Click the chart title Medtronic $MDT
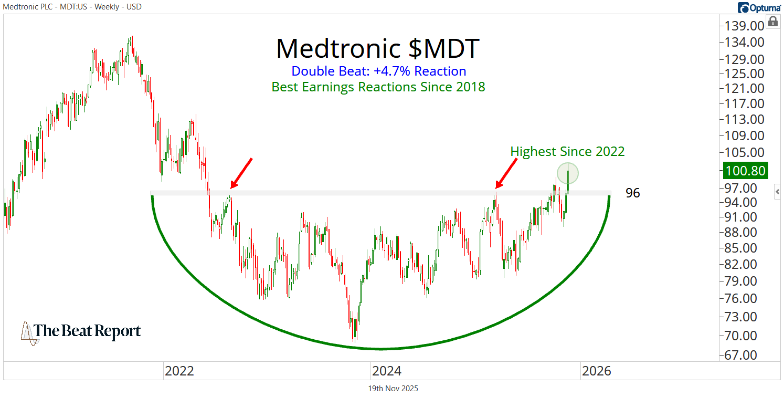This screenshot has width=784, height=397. [x=377, y=49]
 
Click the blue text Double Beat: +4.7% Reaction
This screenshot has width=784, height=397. [x=378, y=71]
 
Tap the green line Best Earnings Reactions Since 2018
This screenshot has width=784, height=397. [x=378, y=87]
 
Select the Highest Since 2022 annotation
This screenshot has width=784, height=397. [x=567, y=152]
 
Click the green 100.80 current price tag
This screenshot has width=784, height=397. [x=745, y=171]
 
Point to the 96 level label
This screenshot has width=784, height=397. [x=632, y=193]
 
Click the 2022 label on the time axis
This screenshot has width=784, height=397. [x=179, y=371]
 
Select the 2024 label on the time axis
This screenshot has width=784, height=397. [x=387, y=371]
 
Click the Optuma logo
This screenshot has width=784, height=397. [x=759, y=7]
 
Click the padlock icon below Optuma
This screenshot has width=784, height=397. [x=772, y=22]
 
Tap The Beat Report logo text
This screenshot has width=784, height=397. [x=87, y=331]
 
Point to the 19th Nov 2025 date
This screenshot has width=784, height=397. [x=393, y=389]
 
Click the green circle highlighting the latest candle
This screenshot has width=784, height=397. [x=568, y=173]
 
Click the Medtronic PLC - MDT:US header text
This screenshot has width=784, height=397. [x=72, y=7]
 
